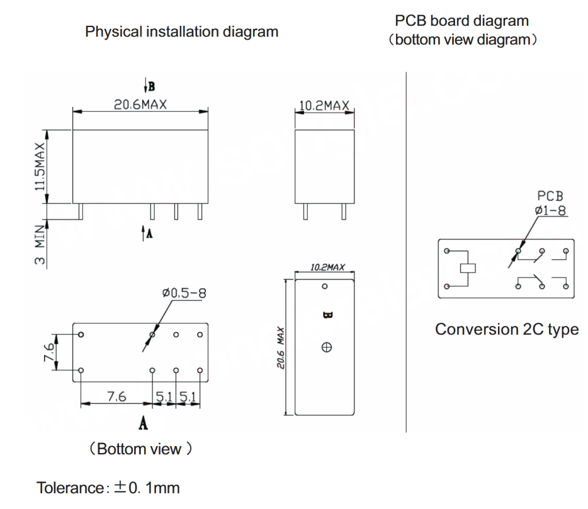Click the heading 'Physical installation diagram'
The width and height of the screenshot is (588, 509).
tap(181, 32)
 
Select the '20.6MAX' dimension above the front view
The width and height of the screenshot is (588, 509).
tap(140, 104)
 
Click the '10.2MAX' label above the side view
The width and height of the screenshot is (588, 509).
tap(324, 106)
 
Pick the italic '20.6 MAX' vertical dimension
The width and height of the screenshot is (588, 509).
tap(282, 348)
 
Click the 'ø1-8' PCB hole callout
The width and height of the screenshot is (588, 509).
tap(552, 210)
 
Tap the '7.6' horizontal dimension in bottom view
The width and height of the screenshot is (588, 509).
tap(117, 397)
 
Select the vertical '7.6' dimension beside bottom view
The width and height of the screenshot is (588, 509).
tap(50, 353)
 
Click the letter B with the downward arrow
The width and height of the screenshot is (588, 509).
tap(150, 87)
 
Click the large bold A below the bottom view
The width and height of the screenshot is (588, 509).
tap(143, 422)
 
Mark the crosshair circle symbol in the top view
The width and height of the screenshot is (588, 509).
tap(326, 347)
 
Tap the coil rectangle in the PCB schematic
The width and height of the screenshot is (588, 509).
tap(467, 268)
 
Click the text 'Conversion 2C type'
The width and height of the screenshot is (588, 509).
tap(506, 330)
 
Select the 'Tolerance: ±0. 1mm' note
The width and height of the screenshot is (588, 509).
tap(108, 488)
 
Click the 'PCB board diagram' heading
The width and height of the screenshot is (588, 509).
tap(461, 21)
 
